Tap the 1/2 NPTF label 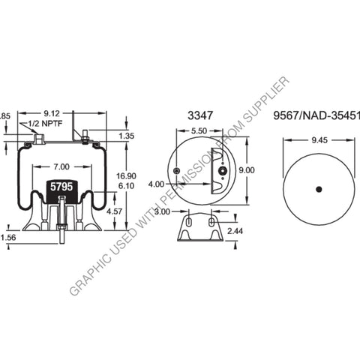pos(44,123)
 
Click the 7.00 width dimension pos(61,166)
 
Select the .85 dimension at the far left pos(4,116)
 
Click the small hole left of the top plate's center pos(176,172)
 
